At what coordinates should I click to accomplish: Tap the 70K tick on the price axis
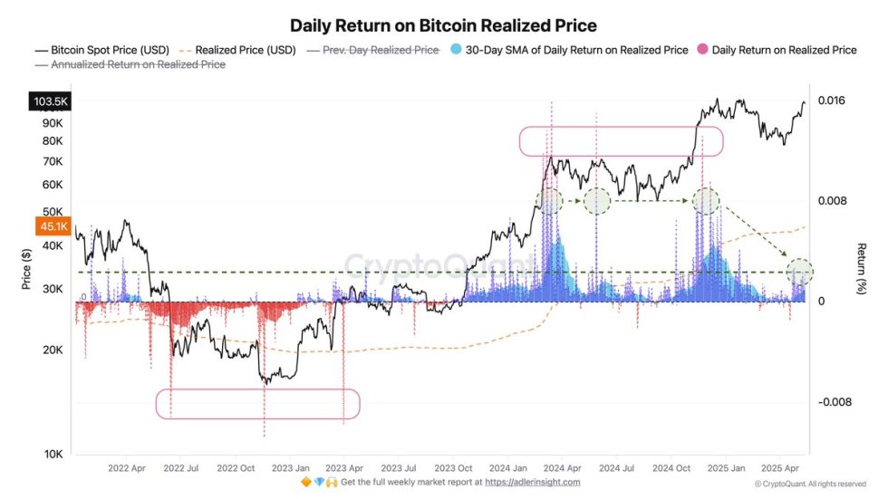[52, 161]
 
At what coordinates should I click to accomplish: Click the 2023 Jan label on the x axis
[290, 468]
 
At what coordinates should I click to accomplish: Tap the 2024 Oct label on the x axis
[672, 468]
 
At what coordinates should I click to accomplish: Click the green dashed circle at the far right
[799, 271]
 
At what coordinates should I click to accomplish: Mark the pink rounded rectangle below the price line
[258, 404]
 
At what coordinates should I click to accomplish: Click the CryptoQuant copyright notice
[809, 484]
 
